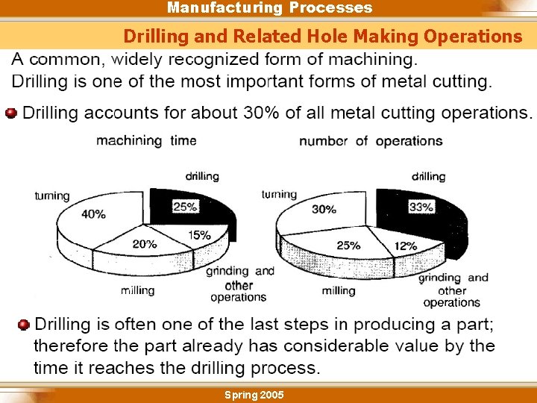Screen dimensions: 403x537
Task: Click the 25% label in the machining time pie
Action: pos(185,207)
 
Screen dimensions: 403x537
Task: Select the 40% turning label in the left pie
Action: pos(93,214)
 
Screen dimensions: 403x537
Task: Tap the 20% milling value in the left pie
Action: pos(144,244)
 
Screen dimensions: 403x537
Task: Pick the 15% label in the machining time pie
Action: pos(198,235)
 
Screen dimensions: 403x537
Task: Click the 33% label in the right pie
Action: pos(421,207)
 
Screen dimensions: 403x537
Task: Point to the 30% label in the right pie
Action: pos(324,210)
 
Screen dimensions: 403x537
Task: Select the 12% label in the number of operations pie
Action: pos(405,246)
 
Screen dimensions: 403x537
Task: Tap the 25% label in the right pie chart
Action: pos(348,245)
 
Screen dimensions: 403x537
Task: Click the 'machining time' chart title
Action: pos(146,140)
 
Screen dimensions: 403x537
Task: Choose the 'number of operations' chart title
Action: pos(371,141)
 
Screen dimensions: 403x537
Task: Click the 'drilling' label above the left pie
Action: pos(202,177)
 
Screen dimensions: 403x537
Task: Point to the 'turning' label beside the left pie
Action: pos(52,196)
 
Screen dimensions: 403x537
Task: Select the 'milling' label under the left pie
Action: pos(138,290)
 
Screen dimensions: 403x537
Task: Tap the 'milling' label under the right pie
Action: pos(339,290)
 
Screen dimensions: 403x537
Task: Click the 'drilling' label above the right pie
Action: pos(428,177)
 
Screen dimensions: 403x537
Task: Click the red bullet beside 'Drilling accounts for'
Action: pos(10,113)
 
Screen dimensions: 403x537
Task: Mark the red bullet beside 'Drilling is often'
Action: pos(24,325)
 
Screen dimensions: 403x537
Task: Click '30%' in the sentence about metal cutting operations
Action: pos(261,113)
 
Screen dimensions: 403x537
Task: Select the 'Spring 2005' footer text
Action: pos(254,394)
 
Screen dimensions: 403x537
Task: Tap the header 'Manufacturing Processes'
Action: pos(269,8)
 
